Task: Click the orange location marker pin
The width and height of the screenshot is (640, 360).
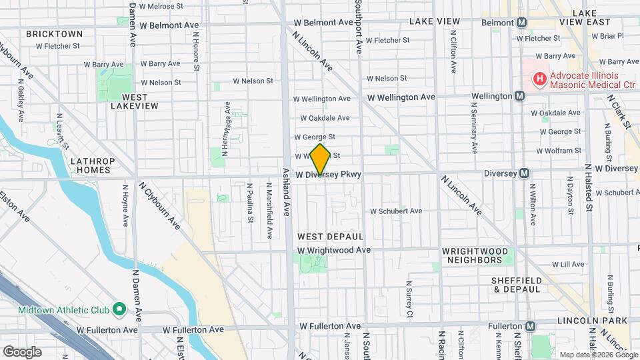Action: (x=321, y=159)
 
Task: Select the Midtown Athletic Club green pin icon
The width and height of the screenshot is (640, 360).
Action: (x=119, y=308)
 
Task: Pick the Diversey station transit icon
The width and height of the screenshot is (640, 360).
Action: (x=525, y=173)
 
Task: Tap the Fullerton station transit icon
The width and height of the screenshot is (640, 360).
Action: (x=531, y=327)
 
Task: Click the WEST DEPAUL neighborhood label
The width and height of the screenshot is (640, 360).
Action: (x=330, y=237)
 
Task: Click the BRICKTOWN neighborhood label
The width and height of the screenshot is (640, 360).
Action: (x=55, y=33)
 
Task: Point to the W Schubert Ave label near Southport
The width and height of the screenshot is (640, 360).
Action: (x=396, y=211)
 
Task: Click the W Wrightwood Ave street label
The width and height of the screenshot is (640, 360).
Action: (x=333, y=250)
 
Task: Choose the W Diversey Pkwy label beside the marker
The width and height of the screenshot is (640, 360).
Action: (x=329, y=175)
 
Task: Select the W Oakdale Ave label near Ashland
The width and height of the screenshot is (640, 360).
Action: (x=325, y=118)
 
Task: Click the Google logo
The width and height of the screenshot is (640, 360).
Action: (x=21, y=352)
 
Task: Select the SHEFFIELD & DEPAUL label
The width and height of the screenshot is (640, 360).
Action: (x=517, y=285)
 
